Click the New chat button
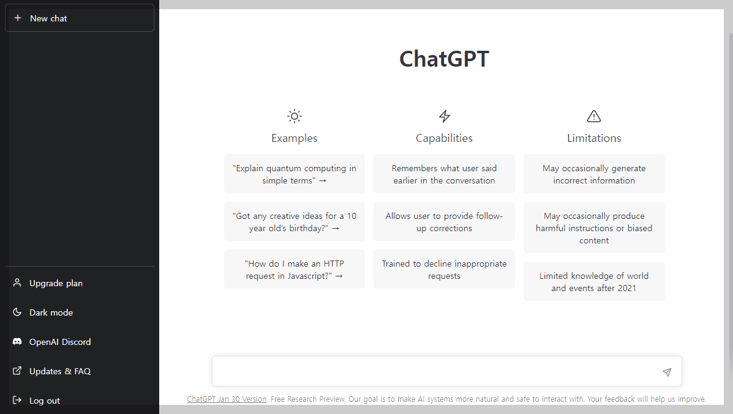(80, 18)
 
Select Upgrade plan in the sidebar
(56, 283)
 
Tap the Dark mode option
(51, 312)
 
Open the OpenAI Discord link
(60, 342)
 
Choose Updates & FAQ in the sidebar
(60, 371)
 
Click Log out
(45, 401)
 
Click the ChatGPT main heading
(444, 59)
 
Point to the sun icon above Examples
(295, 116)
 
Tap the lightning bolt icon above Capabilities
(445, 116)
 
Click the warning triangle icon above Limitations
(594, 116)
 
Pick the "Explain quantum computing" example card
(295, 174)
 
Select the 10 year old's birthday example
(295, 222)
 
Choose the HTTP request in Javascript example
(295, 270)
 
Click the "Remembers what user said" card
(444, 174)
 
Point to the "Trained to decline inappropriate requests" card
(444, 270)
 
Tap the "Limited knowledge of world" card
(594, 282)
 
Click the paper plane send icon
(667, 372)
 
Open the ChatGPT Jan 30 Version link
(227, 399)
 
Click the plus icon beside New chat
(18, 18)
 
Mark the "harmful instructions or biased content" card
(594, 228)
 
